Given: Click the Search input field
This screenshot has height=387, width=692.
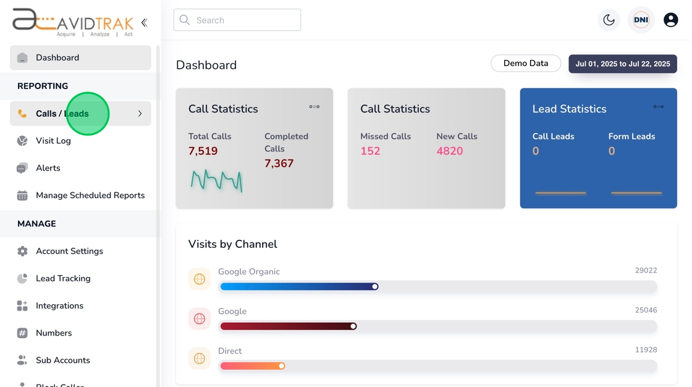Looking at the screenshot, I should pyautogui.click(x=237, y=20).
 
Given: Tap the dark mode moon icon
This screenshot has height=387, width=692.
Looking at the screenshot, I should pyautogui.click(x=609, y=20).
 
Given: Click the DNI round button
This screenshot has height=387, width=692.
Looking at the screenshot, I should pyautogui.click(x=641, y=20).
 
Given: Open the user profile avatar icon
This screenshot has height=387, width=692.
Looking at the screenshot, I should pyautogui.click(x=670, y=20).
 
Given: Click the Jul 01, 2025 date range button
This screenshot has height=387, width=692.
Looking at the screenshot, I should pyautogui.click(x=622, y=64).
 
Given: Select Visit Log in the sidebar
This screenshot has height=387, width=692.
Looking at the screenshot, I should pyautogui.click(x=53, y=141).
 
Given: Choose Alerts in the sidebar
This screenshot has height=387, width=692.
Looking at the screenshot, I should pyautogui.click(x=48, y=168).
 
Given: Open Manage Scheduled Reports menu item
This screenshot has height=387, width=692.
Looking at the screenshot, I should pyautogui.click(x=90, y=195).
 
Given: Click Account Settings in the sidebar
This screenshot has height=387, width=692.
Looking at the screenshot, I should pyautogui.click(x=69, y=251).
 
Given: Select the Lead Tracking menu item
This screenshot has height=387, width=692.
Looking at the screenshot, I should pyautogui.click(x=63, y=278).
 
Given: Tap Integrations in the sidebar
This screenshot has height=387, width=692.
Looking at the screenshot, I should pyautogui.click(x=59, y=305).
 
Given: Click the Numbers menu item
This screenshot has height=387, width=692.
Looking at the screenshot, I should pyautogui.click(x=54, y=333).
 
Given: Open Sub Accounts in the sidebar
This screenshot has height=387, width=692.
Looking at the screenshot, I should pyautogui.click(x=62, y=360).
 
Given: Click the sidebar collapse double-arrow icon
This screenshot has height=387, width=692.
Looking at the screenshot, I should pyautogui.click(x=144, y=23).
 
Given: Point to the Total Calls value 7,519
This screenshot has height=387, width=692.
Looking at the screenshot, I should pyautogui.click(x=203, y=151).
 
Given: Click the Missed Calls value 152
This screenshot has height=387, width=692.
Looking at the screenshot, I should pyautogui.click(x=370, y=151).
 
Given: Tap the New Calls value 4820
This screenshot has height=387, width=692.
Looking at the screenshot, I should pyautogui.click(x=449, y=151).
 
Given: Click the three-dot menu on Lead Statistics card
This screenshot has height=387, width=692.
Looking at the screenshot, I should pyautogui.click(x=659, y=106).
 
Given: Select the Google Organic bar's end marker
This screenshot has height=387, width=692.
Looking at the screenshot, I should pyautogui.click(x=374, y=286).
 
